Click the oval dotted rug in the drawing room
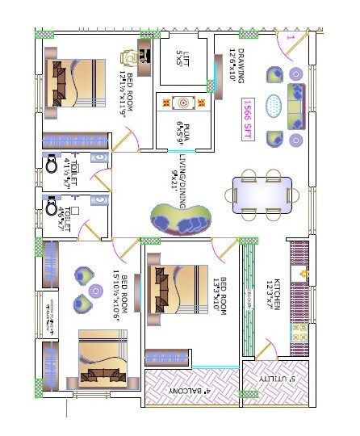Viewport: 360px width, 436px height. tap(274, 104)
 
